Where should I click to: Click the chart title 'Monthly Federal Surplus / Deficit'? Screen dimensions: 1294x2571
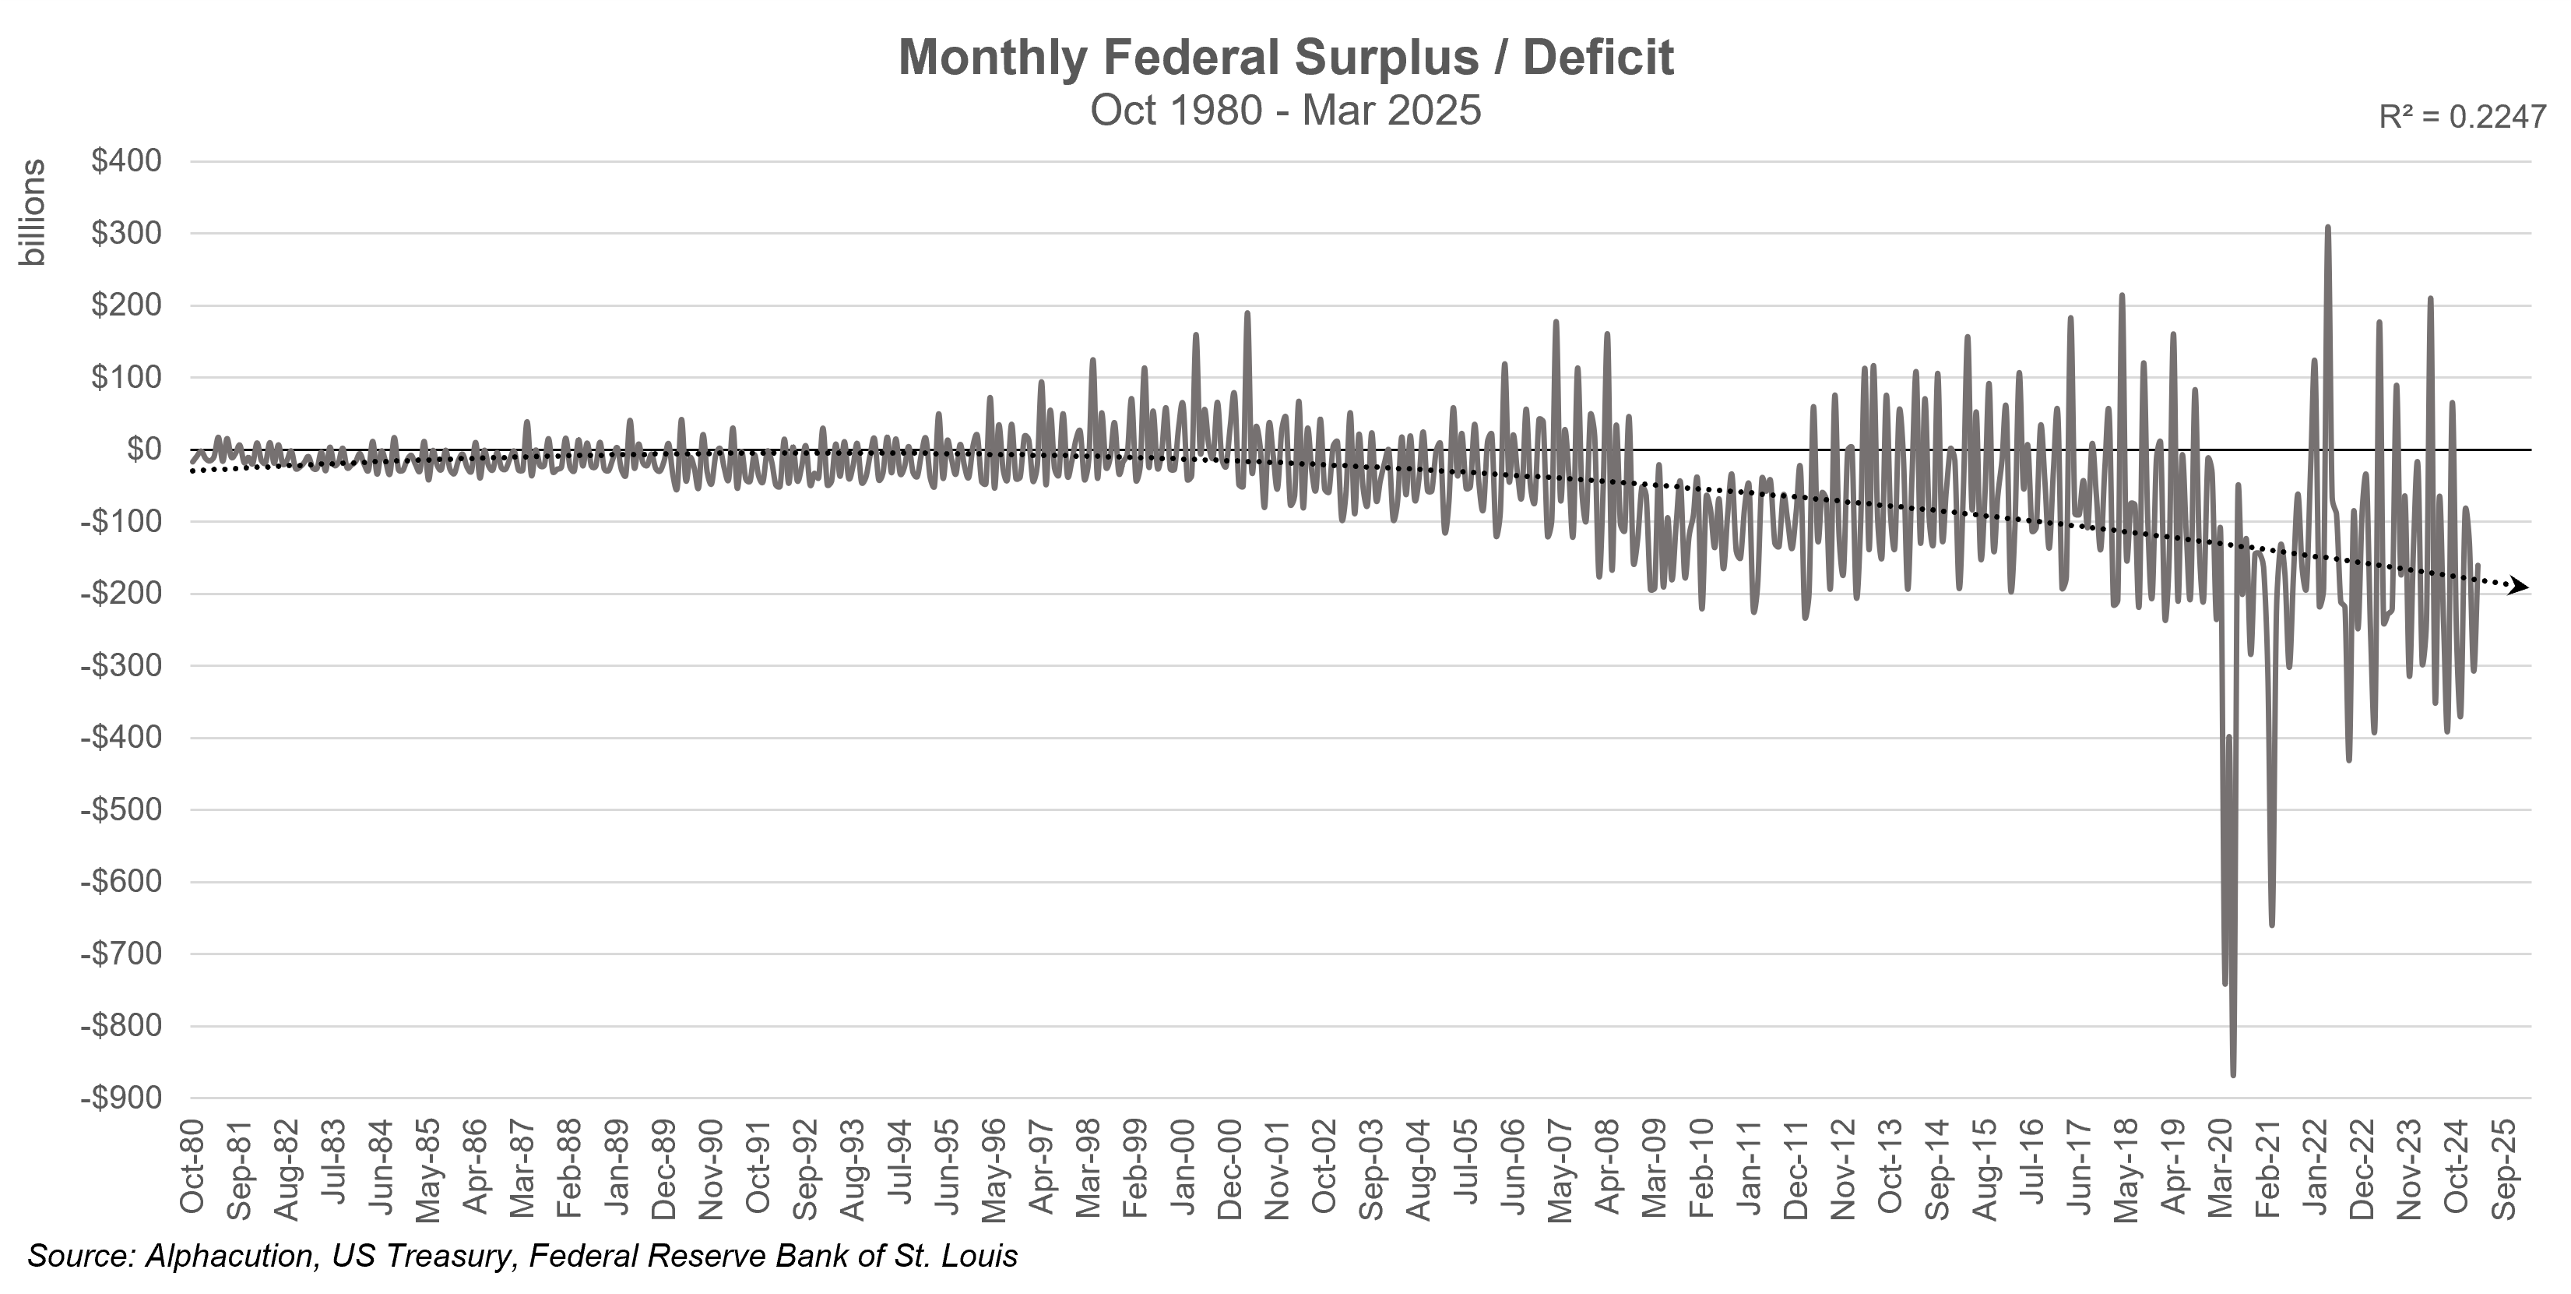tap(1285, 58)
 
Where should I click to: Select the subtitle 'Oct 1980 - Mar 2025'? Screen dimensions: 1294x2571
tap(1285, 110)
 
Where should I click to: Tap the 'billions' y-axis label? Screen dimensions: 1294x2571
tap(34, 213)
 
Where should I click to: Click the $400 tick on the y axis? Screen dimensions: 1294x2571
tap(126, 162)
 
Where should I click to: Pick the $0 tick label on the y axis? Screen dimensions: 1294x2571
tap(144, 450)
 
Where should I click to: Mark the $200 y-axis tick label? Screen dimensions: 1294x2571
tap(126, 305)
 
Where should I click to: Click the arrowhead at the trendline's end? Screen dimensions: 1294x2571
tap(2521, 587)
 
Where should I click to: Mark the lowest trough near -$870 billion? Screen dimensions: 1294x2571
tap(2232, 1074)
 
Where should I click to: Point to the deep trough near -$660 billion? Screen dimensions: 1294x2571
tap(2271, 925)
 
